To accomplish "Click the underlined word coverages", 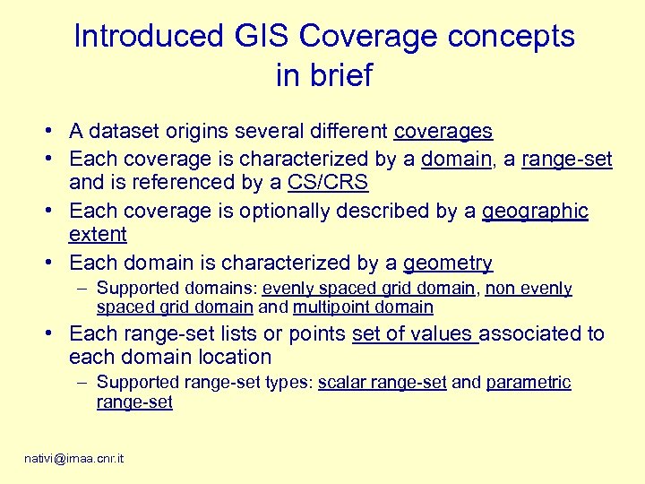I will (x=443, y=132).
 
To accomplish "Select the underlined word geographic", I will (x=535, y=212).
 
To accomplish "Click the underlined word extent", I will (x=98, y=235).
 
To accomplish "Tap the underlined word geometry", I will (x=448, y=264).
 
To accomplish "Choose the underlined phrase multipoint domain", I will (x=363, y=307).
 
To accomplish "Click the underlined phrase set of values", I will (x=413, y=334).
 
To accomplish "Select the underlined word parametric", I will (x=528, y=383).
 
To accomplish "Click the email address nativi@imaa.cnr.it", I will (x=73, y=458).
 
